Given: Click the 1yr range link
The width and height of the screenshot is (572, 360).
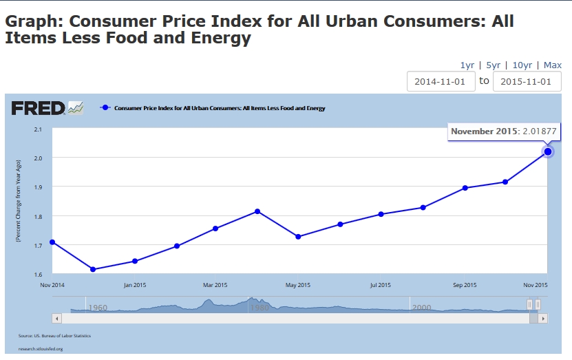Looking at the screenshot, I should (467, 65).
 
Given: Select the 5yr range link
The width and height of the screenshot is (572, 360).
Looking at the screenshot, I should (493, 65).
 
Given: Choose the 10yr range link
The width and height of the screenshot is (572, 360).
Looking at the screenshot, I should (522, 65).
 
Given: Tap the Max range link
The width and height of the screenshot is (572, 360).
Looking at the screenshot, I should (552, 65).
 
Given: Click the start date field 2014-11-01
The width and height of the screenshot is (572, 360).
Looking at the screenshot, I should (440, 81).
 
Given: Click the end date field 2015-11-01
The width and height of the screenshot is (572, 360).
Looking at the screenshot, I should (527, 81).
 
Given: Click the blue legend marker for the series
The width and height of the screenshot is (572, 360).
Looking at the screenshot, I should (105, 108).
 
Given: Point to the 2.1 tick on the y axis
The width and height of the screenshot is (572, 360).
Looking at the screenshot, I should (38, 129).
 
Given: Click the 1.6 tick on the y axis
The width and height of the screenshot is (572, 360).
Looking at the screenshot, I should (38, 274).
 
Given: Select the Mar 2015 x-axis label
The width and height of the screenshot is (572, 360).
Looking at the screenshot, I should (215, 285).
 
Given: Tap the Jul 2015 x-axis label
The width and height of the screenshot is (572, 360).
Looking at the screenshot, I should (380, 285).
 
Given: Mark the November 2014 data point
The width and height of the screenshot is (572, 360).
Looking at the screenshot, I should (52, 242).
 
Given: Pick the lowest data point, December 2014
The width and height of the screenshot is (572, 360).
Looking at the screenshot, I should (93, 269).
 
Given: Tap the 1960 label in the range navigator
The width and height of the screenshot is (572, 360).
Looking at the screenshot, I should (98, 308).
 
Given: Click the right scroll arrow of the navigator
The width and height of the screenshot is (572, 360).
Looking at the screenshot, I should (543, 319).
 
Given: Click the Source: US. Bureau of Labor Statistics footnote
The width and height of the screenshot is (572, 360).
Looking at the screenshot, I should (54, 336).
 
